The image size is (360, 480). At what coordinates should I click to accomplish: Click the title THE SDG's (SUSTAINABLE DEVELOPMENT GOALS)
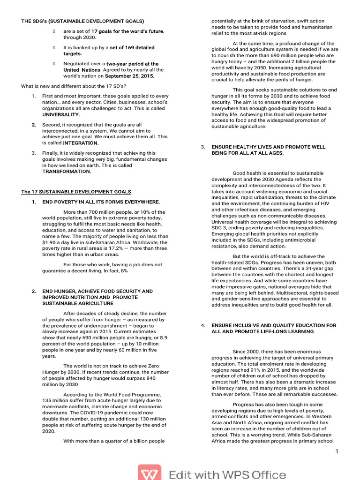(x=82, y=21)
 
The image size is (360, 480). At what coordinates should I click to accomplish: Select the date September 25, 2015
(x=129, y=76)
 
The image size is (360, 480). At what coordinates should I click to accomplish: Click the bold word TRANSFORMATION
(x=67, y=172)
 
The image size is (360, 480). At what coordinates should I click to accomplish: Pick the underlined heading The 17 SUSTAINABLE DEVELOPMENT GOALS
(x=76, y=192)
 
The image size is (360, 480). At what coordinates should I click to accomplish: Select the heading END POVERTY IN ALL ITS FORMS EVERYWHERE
(x=101, y=202)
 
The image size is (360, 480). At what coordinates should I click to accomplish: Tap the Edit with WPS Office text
(x=227, y=474)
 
